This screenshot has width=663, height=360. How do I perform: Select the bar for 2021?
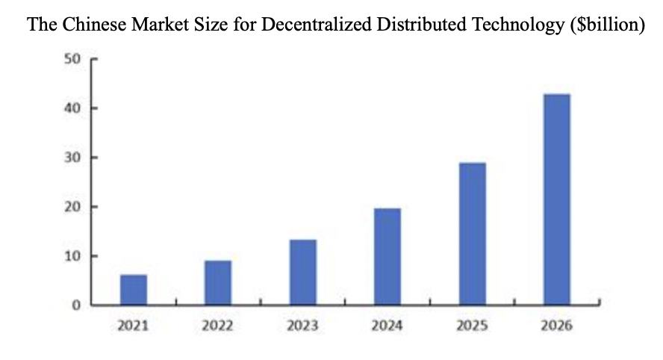point(134,290)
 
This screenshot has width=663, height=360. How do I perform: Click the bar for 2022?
point(218,282)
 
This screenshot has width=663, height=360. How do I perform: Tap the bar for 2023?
point(303,272)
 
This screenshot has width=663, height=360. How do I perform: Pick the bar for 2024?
point(387,256)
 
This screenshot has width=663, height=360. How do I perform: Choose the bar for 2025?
point(472,234)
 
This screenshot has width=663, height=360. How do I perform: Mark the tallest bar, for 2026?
point(557,199)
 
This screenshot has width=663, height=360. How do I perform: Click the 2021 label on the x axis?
point(134,326)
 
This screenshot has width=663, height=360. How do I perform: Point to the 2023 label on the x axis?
point(303,326)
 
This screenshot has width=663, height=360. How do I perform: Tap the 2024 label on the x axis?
point(387,326)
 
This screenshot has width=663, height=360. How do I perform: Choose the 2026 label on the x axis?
point(557,326)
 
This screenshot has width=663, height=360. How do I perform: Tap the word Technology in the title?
point(520,25)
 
